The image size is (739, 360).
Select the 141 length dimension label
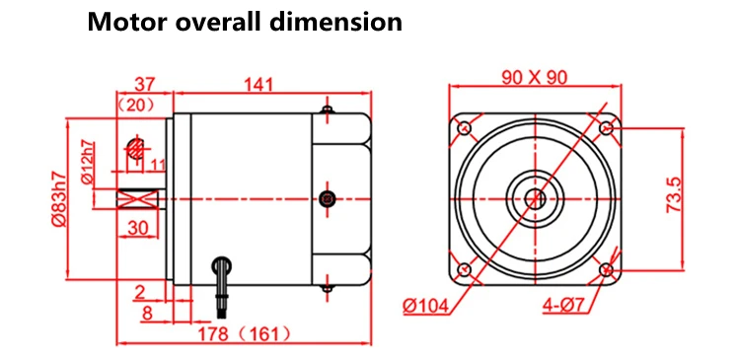pos(258,85)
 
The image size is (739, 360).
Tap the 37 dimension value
pos(145,85)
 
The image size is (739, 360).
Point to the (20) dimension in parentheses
pos(136,106)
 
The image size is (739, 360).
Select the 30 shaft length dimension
pos(137,228)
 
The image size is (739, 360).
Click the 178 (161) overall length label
pos(245,334)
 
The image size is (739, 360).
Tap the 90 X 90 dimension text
pos(535,77)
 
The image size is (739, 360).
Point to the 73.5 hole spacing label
pos(674,194)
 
